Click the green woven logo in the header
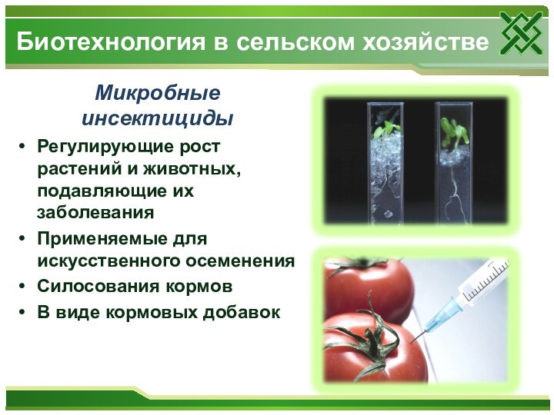(521, 34)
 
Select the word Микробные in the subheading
(157, 95)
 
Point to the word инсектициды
(157, 119)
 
